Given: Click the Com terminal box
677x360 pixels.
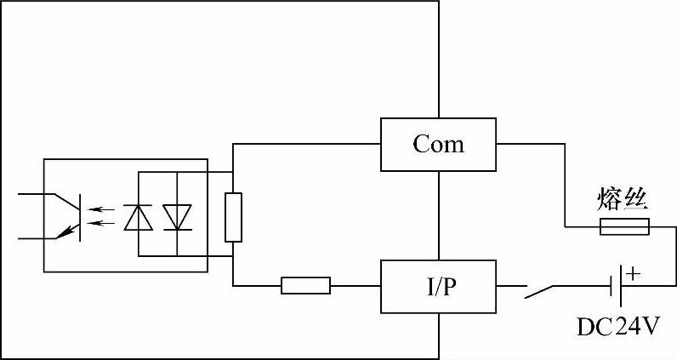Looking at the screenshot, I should tap(438, 144).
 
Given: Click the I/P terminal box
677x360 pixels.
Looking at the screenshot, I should tap(438, 287).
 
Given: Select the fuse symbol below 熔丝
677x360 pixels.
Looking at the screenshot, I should tap(625, 226).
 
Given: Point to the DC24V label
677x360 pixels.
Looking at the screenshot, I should tap(617, 328).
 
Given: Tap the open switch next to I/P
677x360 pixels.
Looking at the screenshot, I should tap(543, 290).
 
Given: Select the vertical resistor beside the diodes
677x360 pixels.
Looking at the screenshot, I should tap(232, 217).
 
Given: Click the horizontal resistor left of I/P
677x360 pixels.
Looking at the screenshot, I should tap(305, 286).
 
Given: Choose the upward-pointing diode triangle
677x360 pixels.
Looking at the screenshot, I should tap(138, 218).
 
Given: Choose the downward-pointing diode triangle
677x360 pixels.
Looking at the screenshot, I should tap(177, 218).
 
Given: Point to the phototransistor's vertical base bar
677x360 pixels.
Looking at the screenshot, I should tap(79, 217).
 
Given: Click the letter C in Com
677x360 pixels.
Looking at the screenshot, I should tap(421, 144).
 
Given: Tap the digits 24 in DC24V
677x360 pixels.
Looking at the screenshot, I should tap(629, 328).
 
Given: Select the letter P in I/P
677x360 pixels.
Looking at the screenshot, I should tap(452, 287).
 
